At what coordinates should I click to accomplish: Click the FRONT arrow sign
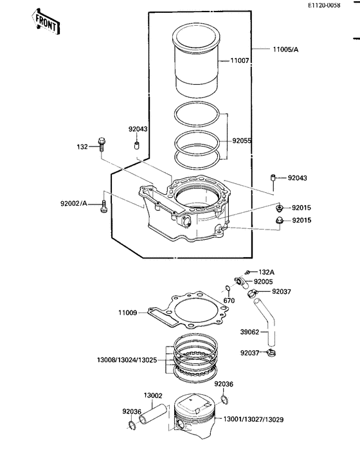[46, 22]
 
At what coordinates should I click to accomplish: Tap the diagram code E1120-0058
[324, 5]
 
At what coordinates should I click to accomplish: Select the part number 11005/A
[285, 50]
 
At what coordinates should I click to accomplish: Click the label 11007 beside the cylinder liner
[240, 61]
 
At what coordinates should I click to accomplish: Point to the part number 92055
[242, 141]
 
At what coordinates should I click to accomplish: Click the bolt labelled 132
[102, 144]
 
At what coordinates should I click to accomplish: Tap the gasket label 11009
[127, 313]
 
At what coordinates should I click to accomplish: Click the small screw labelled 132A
[248, 272]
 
